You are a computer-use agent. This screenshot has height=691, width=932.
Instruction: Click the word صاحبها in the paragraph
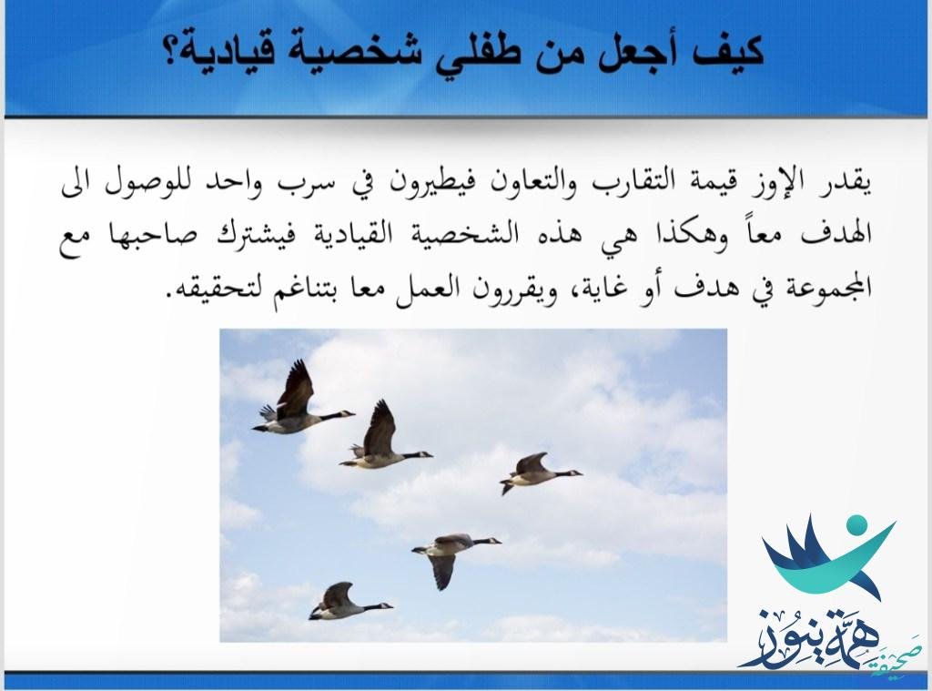coord(161,234)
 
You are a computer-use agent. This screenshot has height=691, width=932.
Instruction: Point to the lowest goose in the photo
coord(349,601)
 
